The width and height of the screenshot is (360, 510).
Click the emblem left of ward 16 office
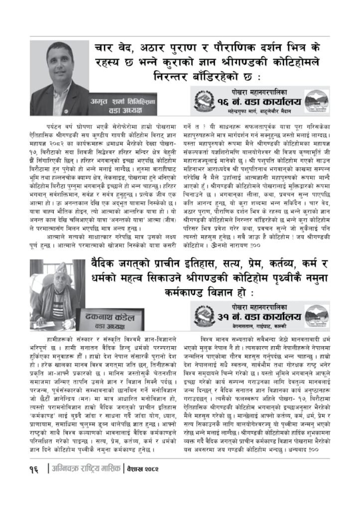(203, 102)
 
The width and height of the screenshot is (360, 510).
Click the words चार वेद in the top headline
(119, 49)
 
